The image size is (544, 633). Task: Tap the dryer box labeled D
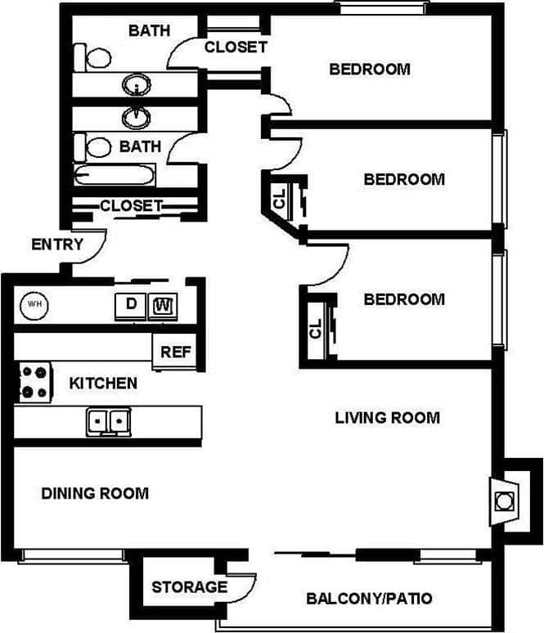131,305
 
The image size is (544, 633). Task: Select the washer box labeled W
164,305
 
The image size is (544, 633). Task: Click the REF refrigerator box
175,352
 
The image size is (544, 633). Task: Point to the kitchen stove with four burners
34,382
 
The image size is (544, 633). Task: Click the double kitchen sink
108,421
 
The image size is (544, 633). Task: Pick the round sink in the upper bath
136,84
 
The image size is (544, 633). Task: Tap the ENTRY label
57,245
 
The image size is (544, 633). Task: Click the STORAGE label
189,586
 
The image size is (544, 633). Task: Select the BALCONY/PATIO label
369,599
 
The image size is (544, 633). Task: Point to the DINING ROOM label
95,493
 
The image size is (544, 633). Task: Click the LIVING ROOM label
387,418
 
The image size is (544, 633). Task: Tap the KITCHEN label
102,383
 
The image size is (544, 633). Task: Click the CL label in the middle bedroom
280,197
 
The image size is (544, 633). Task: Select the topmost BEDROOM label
370,69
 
